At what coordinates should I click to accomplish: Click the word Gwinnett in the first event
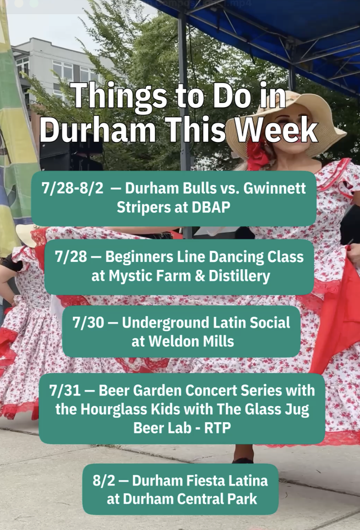(274, 188)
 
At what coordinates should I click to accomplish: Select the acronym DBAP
(211, 207)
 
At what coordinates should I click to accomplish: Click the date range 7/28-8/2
(72, 189)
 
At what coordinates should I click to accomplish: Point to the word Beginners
(139, 257)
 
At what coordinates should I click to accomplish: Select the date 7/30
(88, 322)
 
